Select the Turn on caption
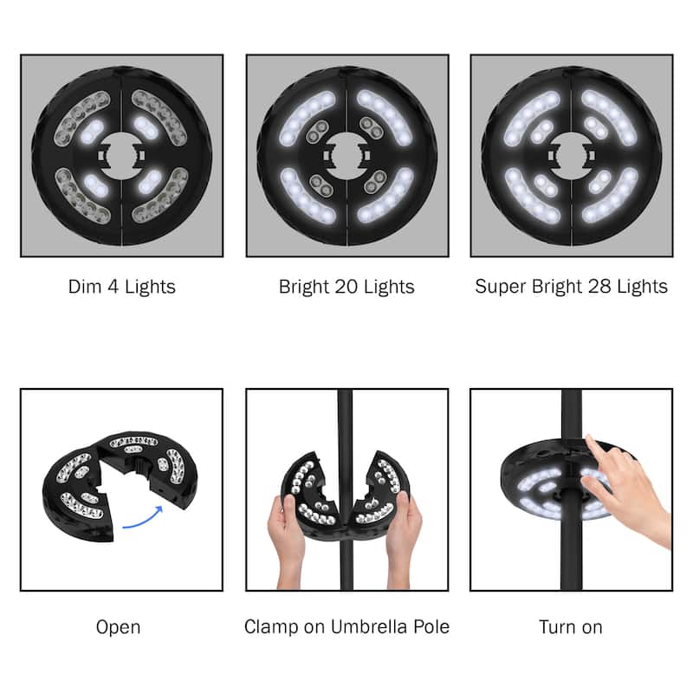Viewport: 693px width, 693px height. (571, 627)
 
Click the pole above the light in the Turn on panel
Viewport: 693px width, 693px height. (571, 416)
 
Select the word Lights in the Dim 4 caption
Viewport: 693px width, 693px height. (148, 287)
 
